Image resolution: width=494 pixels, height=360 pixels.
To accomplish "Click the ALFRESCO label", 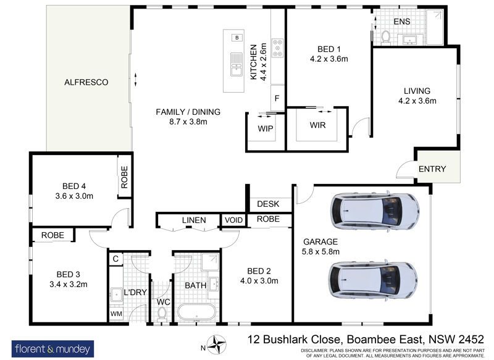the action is [86, 82].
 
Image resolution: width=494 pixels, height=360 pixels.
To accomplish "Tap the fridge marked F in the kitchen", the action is [277, 98].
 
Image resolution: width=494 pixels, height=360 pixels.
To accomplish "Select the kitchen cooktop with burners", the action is [277, 48].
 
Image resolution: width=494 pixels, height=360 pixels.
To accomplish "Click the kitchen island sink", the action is [236, 64].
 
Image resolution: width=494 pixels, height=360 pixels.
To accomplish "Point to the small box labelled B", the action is [237, 38].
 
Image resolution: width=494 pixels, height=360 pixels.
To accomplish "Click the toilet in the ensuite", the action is [385, 36].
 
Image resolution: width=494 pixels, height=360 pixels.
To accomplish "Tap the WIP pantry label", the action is [266, 128].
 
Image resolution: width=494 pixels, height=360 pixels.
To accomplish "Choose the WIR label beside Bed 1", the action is [317, 125].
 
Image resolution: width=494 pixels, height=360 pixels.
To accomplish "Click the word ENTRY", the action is [432, 169].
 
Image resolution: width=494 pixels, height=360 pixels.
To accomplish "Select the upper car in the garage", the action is [375, 211].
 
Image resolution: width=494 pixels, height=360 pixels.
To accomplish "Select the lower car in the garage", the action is [374, 280].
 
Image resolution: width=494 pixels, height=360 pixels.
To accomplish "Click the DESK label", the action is [268, 204].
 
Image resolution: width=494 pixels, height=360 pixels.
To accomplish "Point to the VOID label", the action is [234, 220].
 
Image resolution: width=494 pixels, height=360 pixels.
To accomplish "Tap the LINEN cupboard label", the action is [194, 220].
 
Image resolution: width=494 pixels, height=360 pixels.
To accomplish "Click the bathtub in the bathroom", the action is [196, 312].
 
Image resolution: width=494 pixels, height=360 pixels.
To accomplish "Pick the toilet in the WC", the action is [162, 314].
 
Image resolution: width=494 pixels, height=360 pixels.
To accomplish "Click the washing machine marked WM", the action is [116, 314].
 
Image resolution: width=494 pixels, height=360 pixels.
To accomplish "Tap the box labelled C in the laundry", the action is [115, 259].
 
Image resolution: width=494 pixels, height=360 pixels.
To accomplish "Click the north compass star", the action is [217, 343].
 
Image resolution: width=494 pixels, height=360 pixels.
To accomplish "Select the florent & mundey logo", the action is [52, 349].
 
